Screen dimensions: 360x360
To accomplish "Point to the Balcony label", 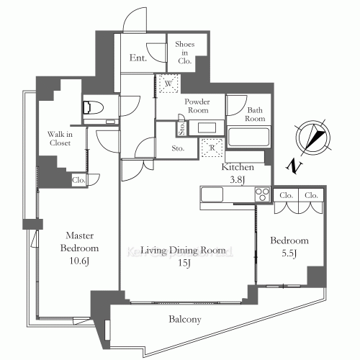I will (x=186, y=319).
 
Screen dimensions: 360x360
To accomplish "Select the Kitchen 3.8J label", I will (x=239, y=173).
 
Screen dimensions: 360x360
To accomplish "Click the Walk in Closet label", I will (x=60, y=138).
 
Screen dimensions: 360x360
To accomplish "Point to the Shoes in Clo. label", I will (x=185, y=52).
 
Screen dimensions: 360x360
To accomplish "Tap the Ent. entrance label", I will (x=139, y=58).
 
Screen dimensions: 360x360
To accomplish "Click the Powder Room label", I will (x=195, y=107).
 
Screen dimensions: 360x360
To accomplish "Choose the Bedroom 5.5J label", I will (x=289, y=246).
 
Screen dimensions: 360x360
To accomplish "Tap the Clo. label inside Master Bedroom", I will (x=78, y=181).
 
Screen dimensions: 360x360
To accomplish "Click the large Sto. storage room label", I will (x=178, y=148).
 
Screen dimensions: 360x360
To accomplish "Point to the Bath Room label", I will (x=255, y=114).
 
